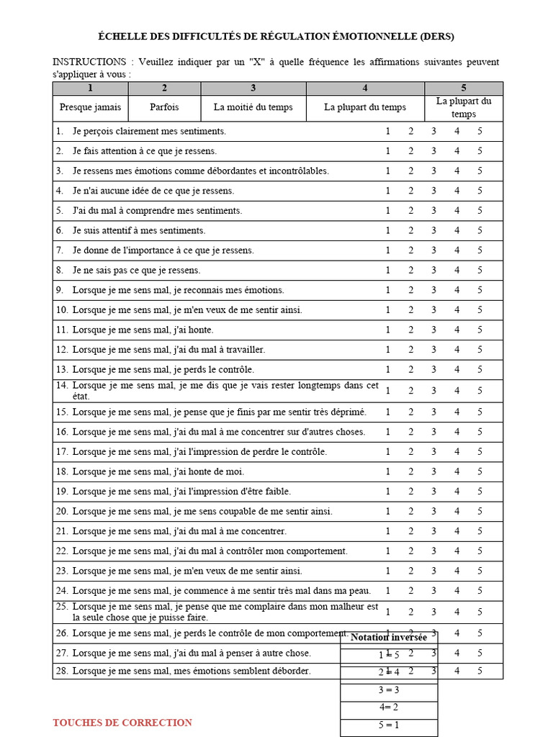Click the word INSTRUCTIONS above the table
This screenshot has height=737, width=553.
(x=86, y=63)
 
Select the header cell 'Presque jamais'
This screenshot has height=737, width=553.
(x=90, y=107)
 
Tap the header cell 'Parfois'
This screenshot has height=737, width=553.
(x=164, y=107)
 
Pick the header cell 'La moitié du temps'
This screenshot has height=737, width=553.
(x=253, y=107)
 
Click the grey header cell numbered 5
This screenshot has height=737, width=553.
(x=464, y=89)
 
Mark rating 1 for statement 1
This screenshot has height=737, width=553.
(x=388, y=131)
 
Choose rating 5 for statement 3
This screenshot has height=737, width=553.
(x=480, y=171)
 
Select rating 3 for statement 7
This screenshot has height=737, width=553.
(x=433, y=250)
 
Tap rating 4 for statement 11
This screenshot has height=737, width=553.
(x=457, y=330)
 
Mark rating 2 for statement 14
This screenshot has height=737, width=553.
(x=411, y=391)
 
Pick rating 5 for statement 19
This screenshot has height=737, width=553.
(x=480, y=492)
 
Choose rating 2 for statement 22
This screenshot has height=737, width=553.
(x=411, y=551)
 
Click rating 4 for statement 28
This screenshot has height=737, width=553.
(x=457, y=671)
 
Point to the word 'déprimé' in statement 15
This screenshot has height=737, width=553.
(x=349, y=412)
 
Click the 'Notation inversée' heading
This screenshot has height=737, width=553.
(x=389, y=638)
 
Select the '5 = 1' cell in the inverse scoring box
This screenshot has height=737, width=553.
(x=389, y=725)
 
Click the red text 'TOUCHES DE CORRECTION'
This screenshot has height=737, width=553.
(x=122, y=723)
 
